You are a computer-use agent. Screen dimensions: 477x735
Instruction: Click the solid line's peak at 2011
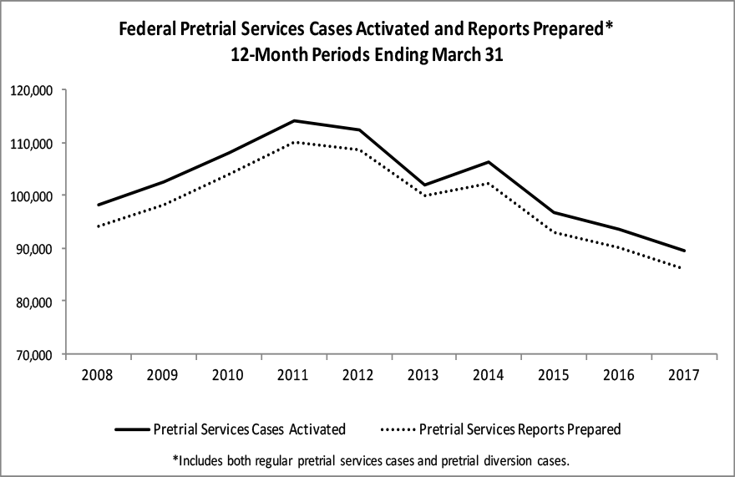coord(294,120)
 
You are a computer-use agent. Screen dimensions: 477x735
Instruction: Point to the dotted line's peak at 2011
coord(294,142)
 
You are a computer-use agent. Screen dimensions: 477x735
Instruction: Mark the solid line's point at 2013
coord(424,185)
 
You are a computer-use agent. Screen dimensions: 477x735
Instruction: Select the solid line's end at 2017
coord(685,251)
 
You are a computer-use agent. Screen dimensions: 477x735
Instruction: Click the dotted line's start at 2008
coord(99,226)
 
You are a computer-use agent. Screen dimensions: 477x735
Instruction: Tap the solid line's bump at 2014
coord(489,162)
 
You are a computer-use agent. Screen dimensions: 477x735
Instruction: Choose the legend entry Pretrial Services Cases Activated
coord(249,429)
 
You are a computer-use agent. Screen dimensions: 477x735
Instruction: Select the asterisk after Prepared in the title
coord(611,27)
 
